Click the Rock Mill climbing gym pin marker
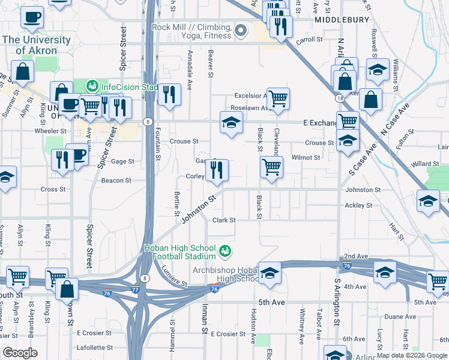(x=241, y=29)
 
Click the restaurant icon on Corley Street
(x=217, y=170)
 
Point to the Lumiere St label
(x=174, y=276)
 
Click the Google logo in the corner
(x=20, y=353)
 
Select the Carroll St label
(x=310, y=40)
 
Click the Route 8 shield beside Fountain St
(x=147, y=122)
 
